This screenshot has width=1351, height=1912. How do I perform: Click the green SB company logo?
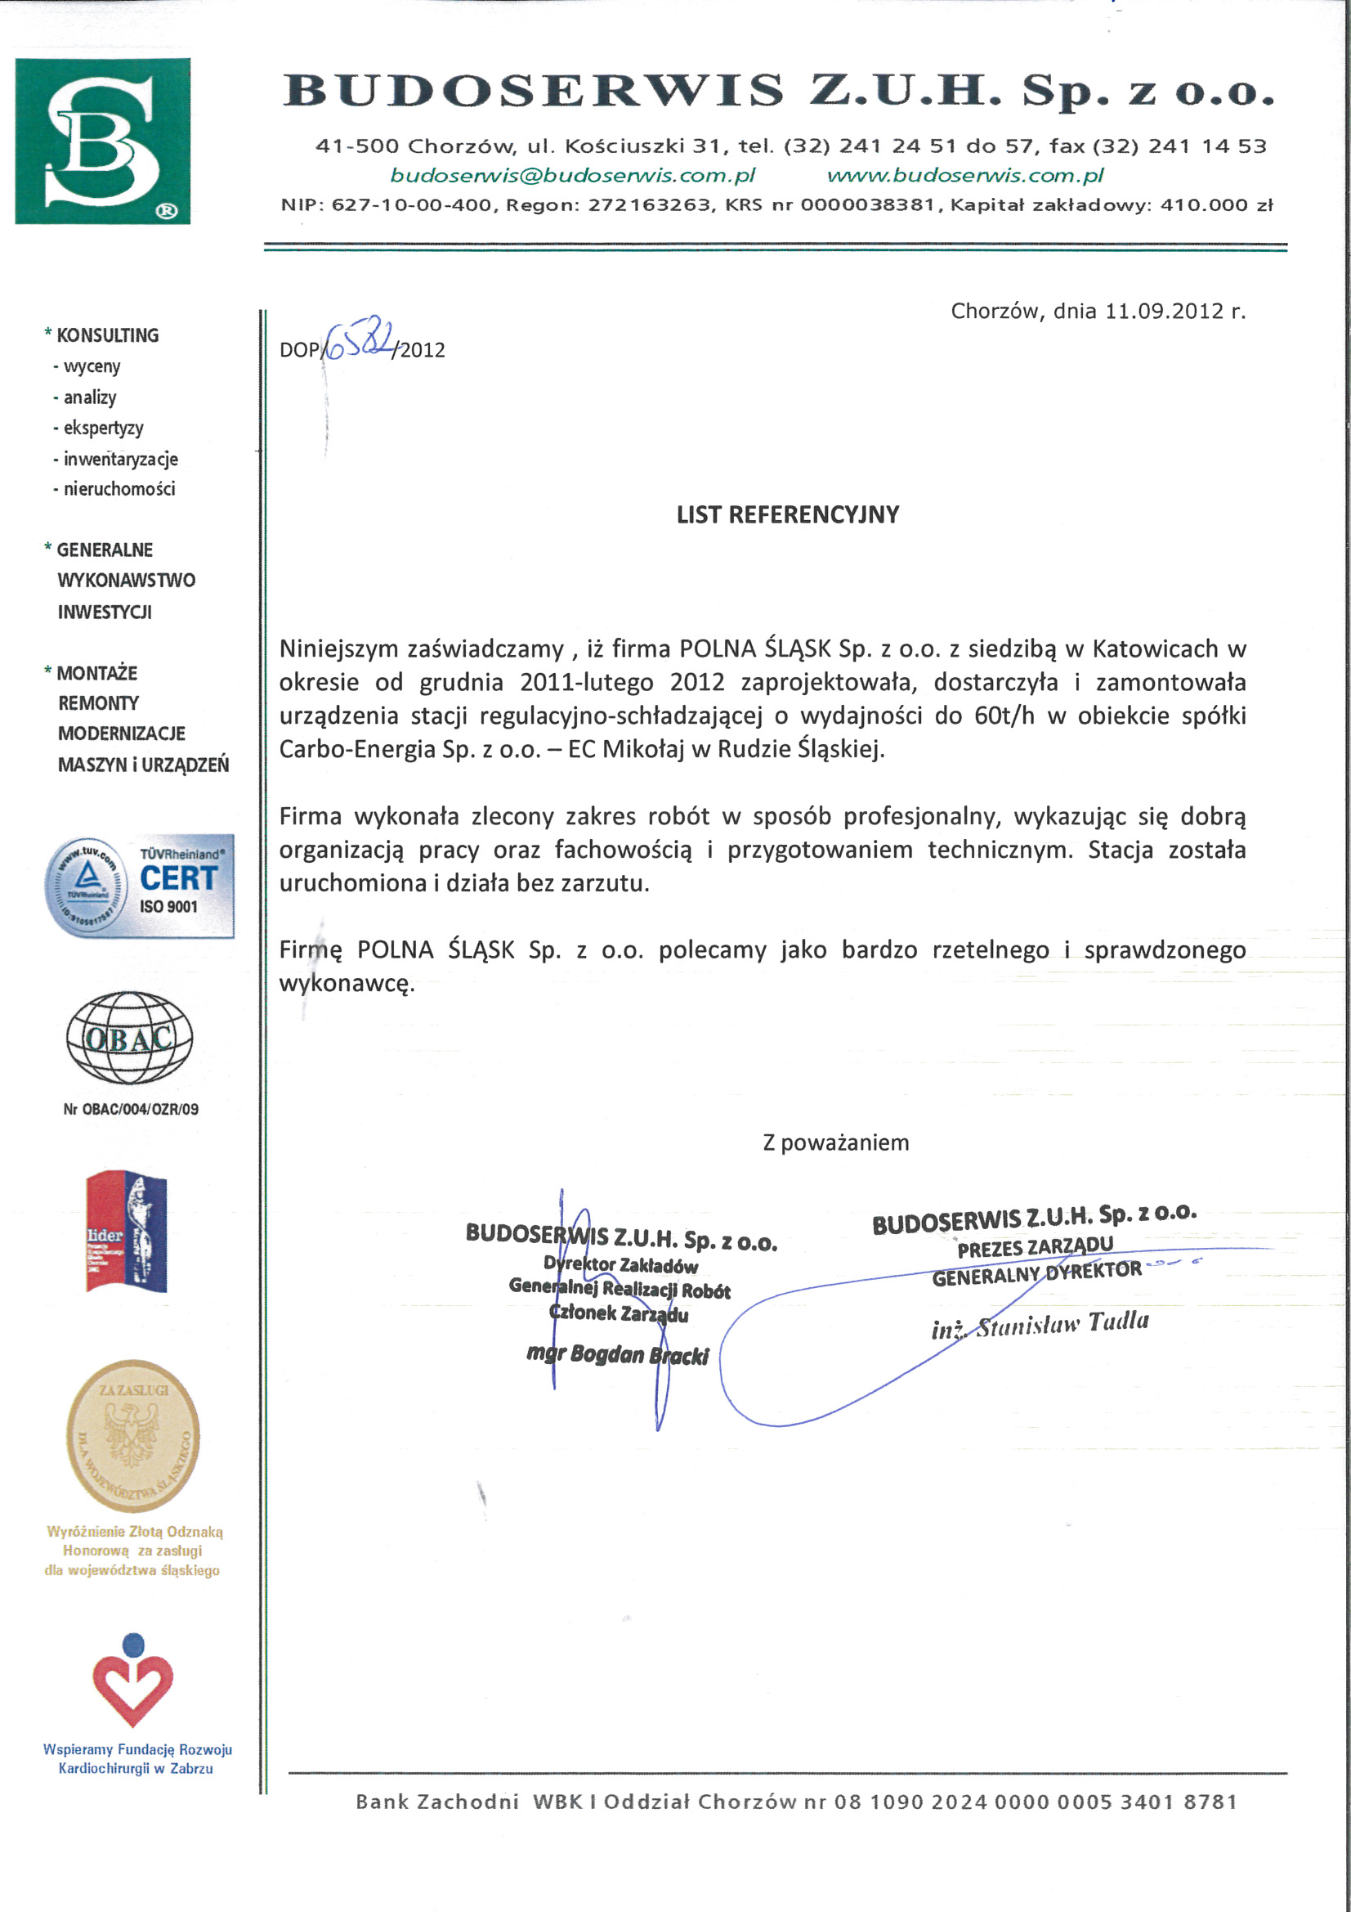click(x=102, y=141)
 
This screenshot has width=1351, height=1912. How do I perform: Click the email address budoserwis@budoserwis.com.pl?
click(x=573, y=176)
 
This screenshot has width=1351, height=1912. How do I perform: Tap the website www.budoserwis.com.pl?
click(x=964, y=176)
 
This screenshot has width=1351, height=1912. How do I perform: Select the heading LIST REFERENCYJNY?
click(x=787, y=514)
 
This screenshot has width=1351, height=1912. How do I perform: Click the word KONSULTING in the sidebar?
click(x=107, y=335)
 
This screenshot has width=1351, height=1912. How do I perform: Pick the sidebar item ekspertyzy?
click(x=103, y=428)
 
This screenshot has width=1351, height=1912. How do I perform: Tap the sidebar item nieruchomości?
click(x=119, y=489)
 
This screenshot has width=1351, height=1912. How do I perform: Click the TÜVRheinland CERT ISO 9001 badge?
click(x=139, y=886)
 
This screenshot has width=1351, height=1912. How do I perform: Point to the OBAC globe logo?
click(x=130, y=1038)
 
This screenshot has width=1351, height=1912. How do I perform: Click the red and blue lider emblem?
click(x=127, y=1232)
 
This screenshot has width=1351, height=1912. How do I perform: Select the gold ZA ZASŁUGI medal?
click(x=133, y=1436)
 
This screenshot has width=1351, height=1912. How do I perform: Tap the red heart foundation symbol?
click(x=133, y=1681)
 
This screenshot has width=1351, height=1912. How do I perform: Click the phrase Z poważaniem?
click(x=836, y=1142)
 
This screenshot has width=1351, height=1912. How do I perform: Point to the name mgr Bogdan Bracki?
click(x=618, y=1354)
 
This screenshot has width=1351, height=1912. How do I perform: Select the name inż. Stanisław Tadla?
click(x=1040, y=1325)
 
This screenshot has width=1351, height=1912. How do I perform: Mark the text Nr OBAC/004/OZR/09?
click(x=131, y=1109)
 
